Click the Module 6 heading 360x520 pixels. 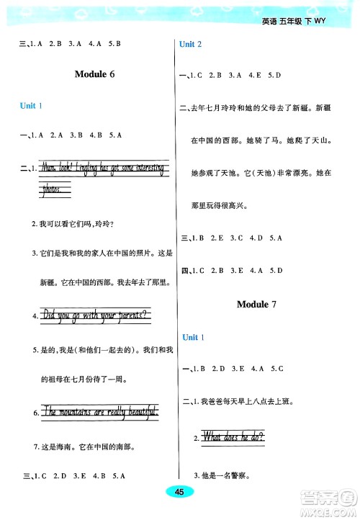95,75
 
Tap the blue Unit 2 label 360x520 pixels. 190,45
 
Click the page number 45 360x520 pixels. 180,491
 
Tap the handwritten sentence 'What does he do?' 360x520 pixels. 234,436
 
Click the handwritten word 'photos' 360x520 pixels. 57,189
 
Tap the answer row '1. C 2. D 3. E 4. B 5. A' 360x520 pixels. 78,475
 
